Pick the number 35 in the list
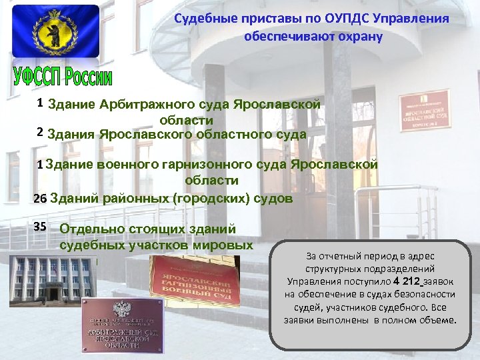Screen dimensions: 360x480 pyautogui.click(x=39, y=227)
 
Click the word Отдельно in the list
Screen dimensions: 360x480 pyautogui.click(x=85, y=228)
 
